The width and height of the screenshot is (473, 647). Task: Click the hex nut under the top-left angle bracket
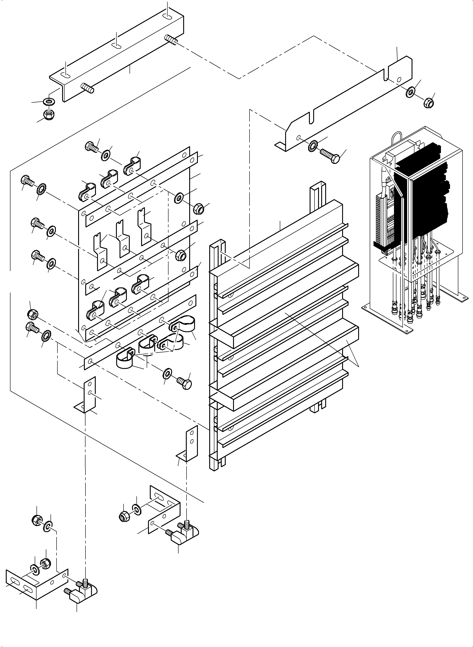49,115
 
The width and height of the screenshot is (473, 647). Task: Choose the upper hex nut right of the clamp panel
198,209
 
